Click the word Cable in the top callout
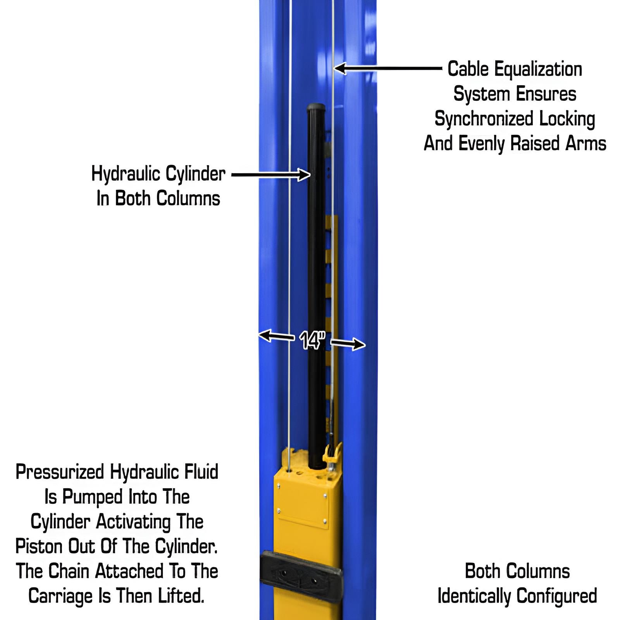pyautogui.click(x=468, y=69)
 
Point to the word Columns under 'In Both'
pyautogui.click(x=188, y=198)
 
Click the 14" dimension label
pyautogui.click(x=312, y=340)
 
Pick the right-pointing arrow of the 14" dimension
pyautogui.click(x=348, y=344)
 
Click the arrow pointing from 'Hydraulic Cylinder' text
pyautogui.click(x=271, y=175)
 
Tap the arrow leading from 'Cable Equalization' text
pyautogui.click(x=387, y=69)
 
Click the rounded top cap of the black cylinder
pyautogui.click(x=316, y=107)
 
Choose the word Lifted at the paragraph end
pyautogui.click(x=181, y=596)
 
